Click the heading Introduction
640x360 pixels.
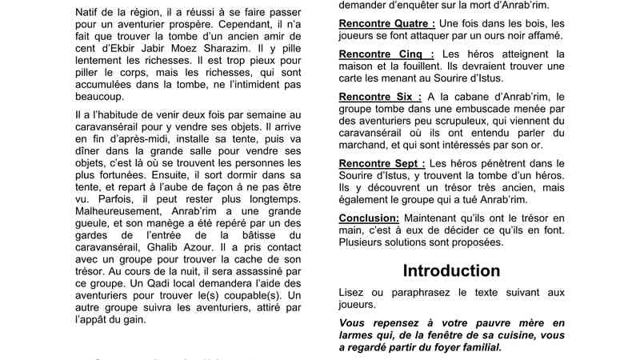pyautogui.click(x=451, y=270)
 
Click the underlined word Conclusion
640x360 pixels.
pyautogui.click(x=369, y=217)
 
